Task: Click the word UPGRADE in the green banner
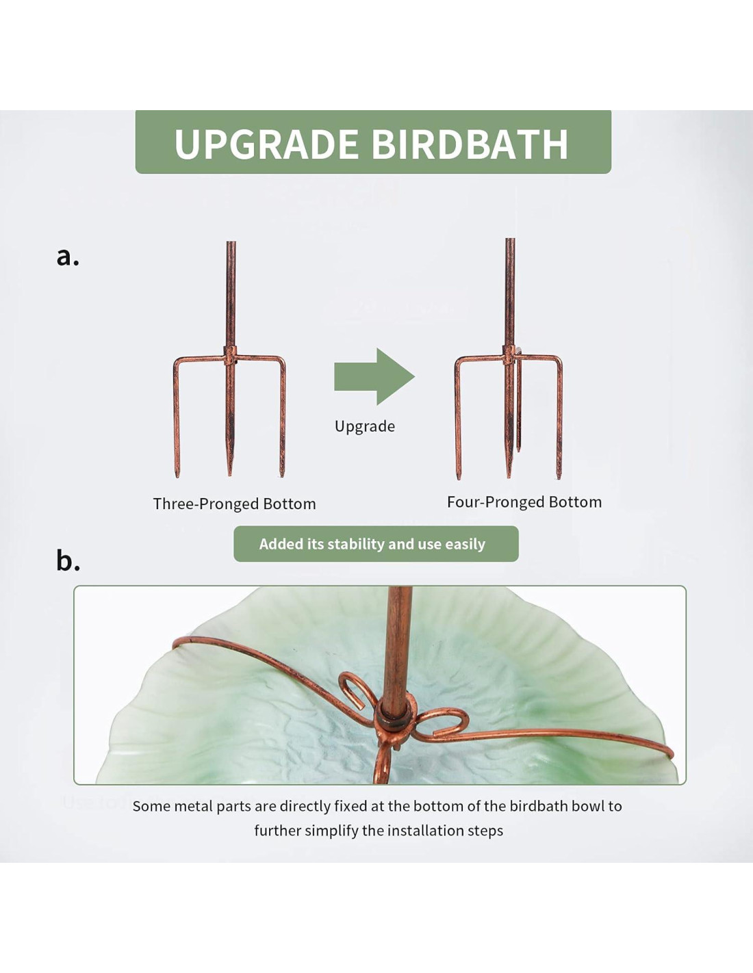[266, 144]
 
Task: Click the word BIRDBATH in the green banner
[470, 144]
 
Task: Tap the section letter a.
[68, 257]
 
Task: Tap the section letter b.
[68, 560]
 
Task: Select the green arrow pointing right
[374, 376]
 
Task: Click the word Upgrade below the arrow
[365, 426]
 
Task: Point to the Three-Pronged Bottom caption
[234, 504]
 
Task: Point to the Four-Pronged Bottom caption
[524, 502]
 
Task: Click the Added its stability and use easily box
[376, 543]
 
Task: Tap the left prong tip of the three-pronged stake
[177, 476]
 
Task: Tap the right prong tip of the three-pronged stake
[282, 476]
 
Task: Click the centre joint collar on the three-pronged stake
[230, 356]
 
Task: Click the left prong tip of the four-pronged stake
[458, 478]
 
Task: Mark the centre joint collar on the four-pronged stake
[509, 354]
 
